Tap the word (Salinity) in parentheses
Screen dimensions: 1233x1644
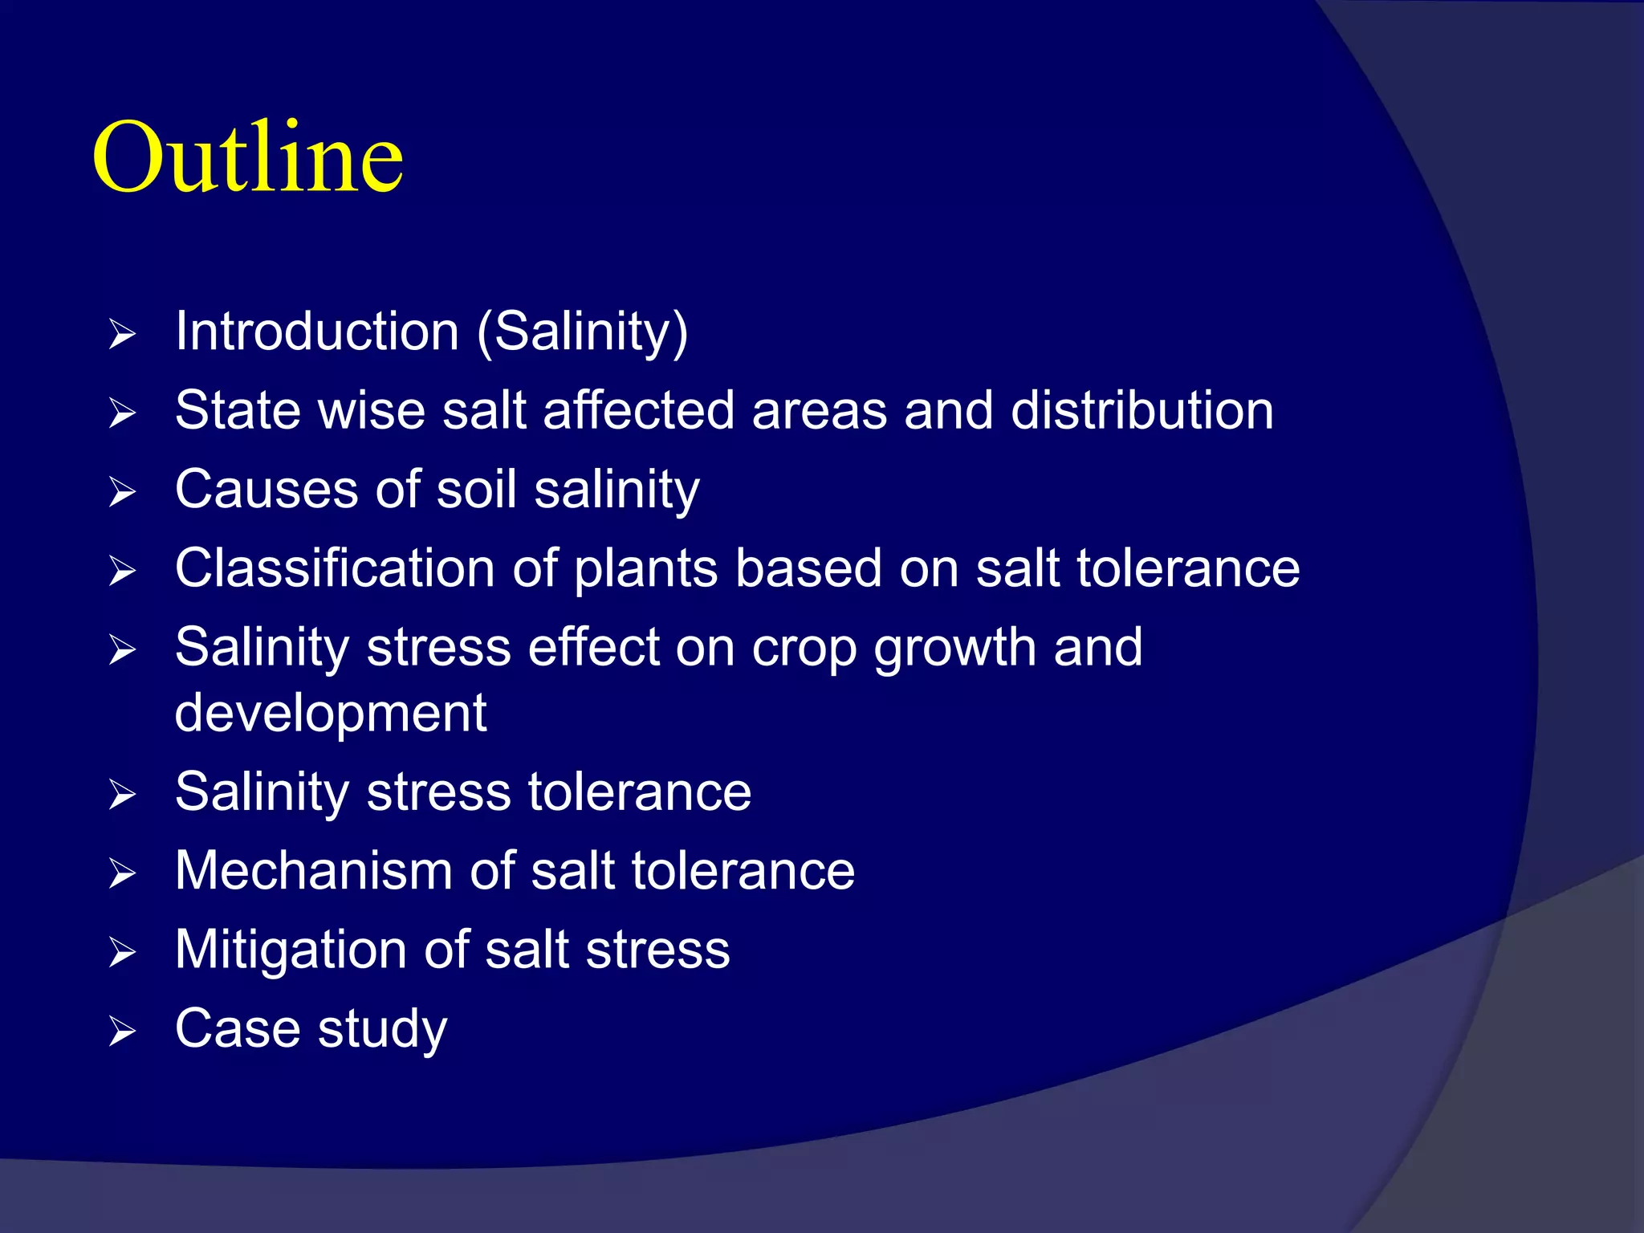[x=582, y=332]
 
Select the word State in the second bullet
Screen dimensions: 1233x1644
[x=238, y=410]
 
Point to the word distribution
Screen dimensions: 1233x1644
[x=1141, y=410]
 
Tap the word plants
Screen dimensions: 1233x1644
[x=645, y=569]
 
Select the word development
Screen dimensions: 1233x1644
[x=331, y=713]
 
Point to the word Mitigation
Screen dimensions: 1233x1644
[x=291, y=950]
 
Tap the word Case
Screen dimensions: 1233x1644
[x=238, y=1028]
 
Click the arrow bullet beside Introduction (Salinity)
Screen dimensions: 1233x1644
[x=122, y=334]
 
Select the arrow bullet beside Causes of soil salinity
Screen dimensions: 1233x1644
[x=122, y=492]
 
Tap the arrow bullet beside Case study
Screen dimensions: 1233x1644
[x=122, y=1032]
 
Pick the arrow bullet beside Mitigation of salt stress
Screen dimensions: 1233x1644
[x=122, y=953]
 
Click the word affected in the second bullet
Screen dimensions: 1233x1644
[x=638, y=410]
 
